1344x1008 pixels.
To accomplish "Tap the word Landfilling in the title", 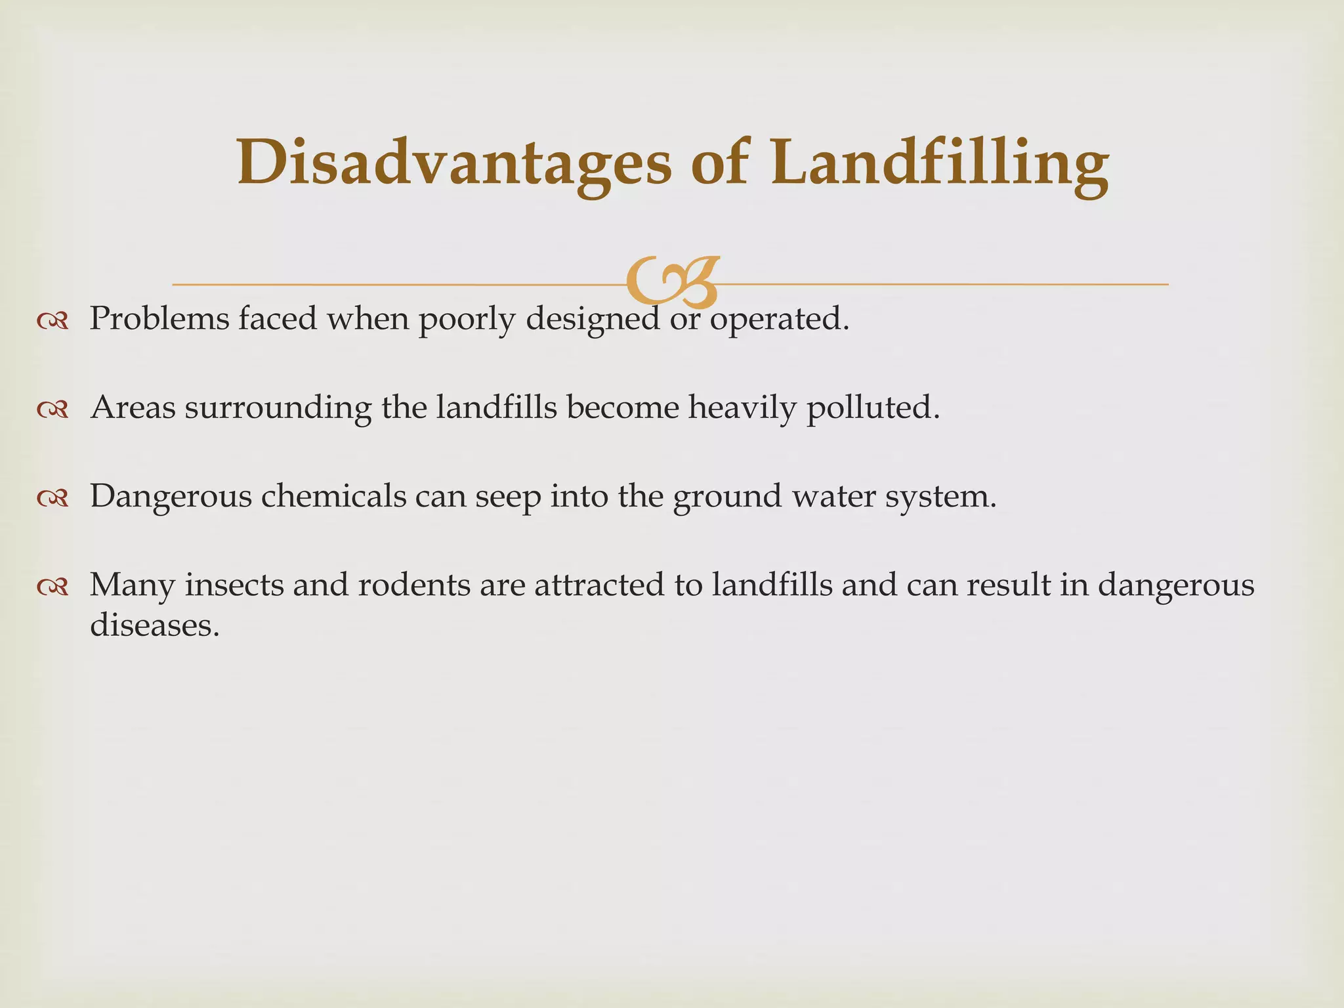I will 940,163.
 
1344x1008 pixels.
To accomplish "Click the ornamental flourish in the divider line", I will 672,282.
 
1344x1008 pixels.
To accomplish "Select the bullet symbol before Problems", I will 53,321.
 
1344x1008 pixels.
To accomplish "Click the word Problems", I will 159,319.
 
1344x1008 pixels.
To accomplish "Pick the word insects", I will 234,585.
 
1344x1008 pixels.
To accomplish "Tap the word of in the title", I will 719,163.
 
